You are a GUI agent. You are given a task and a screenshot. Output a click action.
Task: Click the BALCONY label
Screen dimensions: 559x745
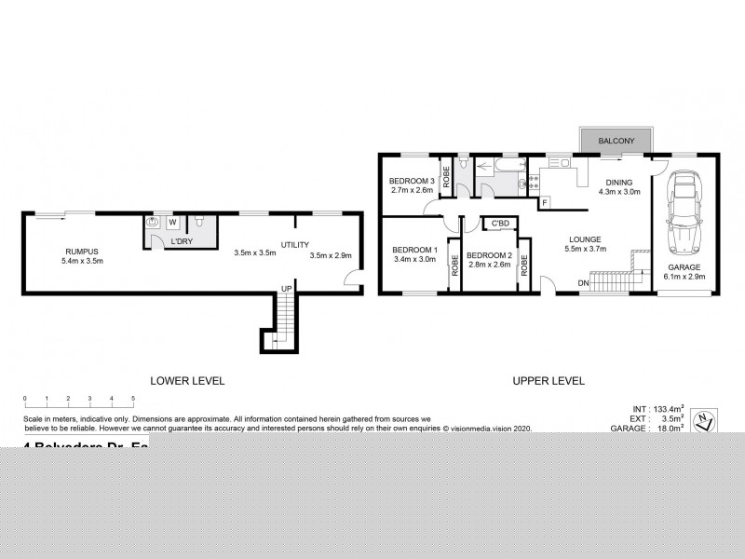point(616,140)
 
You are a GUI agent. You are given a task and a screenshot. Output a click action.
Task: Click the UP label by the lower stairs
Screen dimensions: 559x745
point(288,290)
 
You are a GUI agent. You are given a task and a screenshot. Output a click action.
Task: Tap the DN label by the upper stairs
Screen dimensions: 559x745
point(583,282)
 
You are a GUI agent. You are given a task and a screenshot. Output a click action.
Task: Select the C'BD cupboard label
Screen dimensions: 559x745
point(500,223)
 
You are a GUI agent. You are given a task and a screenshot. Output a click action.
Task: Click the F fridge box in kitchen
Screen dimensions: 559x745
point(544,201)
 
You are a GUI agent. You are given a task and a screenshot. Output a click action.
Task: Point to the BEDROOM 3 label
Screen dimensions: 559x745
point(412,181)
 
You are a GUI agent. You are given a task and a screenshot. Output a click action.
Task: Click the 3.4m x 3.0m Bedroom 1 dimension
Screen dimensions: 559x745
point(414,260)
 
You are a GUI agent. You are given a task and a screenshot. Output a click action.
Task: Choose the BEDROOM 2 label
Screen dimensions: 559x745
point(489,255)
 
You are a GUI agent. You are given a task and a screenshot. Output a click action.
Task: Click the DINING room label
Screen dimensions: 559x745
point(619,182)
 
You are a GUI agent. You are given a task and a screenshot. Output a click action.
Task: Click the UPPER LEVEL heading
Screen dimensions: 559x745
point(549,380)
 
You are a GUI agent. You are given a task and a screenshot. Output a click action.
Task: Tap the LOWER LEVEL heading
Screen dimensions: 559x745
point(188,380)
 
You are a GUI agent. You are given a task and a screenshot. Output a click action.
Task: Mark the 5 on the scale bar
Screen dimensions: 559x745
point(133,399)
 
